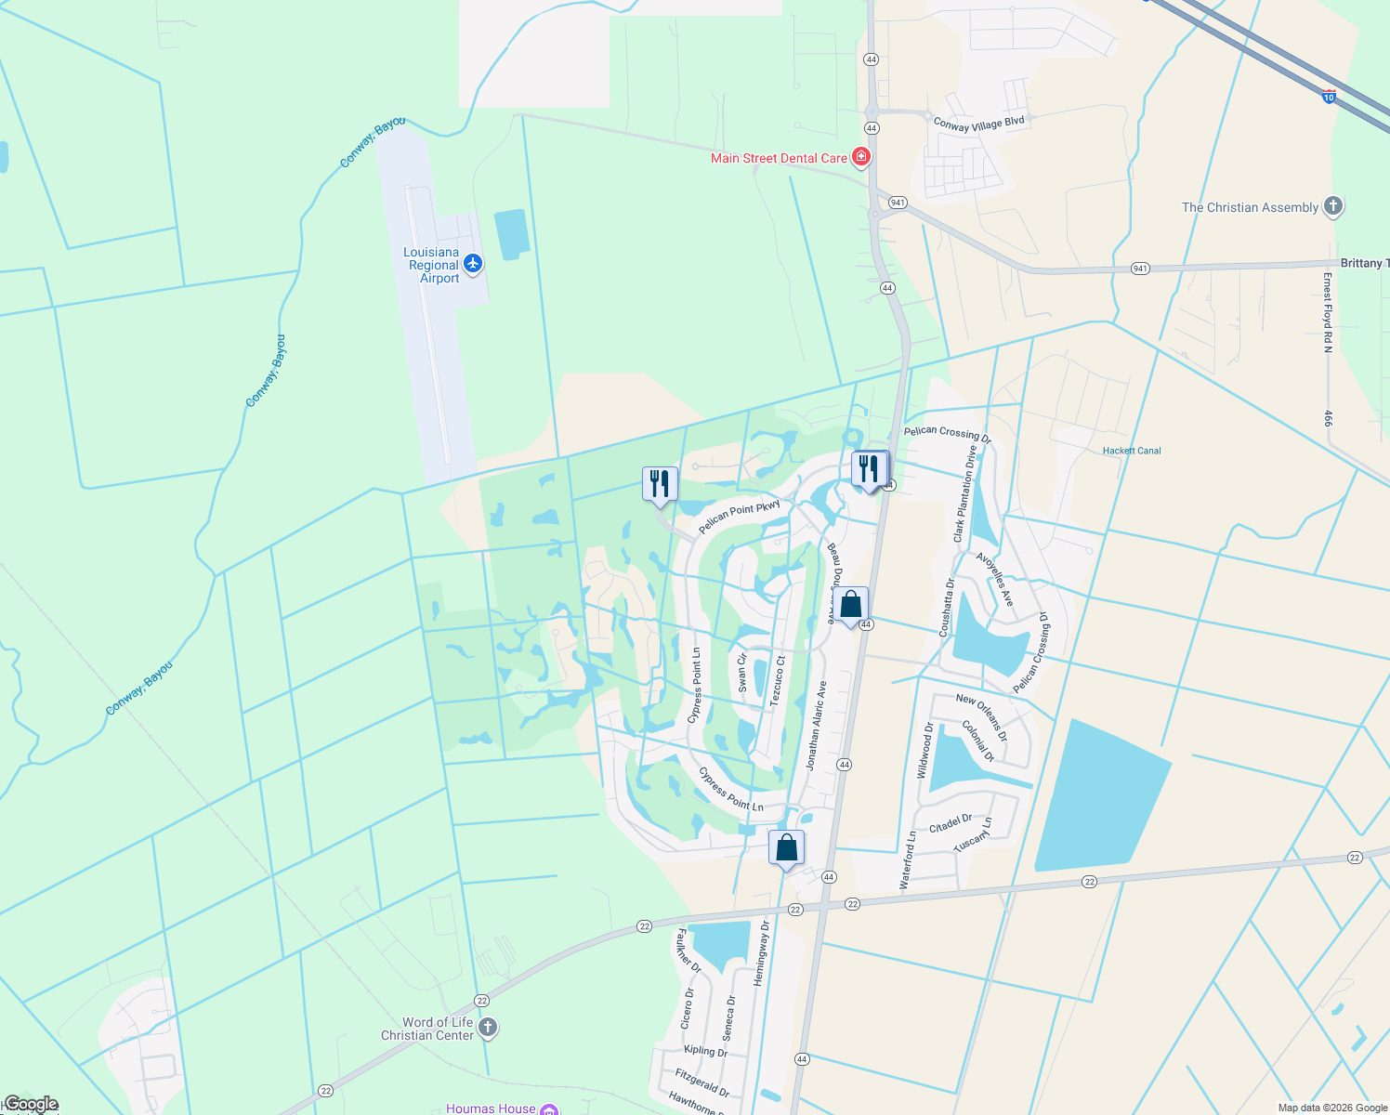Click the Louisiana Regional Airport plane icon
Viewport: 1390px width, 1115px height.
(x=473, y=265)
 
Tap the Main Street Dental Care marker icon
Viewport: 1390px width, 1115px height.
(x=861, y=157)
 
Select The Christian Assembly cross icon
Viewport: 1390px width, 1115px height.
(x=1333, y=206)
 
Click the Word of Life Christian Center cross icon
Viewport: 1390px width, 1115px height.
(x=488, y=1028)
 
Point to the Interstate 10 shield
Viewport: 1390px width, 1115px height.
(x=1329, y=96)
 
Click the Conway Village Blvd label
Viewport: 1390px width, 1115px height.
(x=978, y=124)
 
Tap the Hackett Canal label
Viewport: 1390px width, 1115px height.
(x=1132, y=451)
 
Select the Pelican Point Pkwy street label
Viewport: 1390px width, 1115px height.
(x=740, y=518)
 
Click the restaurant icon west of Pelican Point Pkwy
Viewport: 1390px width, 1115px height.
(x=660, y=484)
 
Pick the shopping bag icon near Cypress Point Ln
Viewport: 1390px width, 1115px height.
(x=786, y=847)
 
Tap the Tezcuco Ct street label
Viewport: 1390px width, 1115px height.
(x=778, y=681)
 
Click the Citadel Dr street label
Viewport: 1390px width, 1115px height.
(x=951, y=823)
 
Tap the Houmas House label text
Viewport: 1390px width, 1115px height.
(x=491, y=1108)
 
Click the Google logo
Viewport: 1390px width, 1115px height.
(x=31, y=1104)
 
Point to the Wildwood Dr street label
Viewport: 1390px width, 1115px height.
(x=924, y=751)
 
